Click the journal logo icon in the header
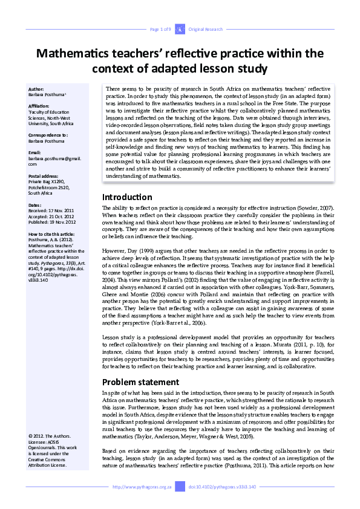coord(180,29)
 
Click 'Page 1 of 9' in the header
coord(160,29)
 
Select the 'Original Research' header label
coord(205,29)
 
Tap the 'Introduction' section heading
coord(127,197)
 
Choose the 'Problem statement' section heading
coord(140,381)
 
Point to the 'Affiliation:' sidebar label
coord(40,106)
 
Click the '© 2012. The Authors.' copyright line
coord(49,436)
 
